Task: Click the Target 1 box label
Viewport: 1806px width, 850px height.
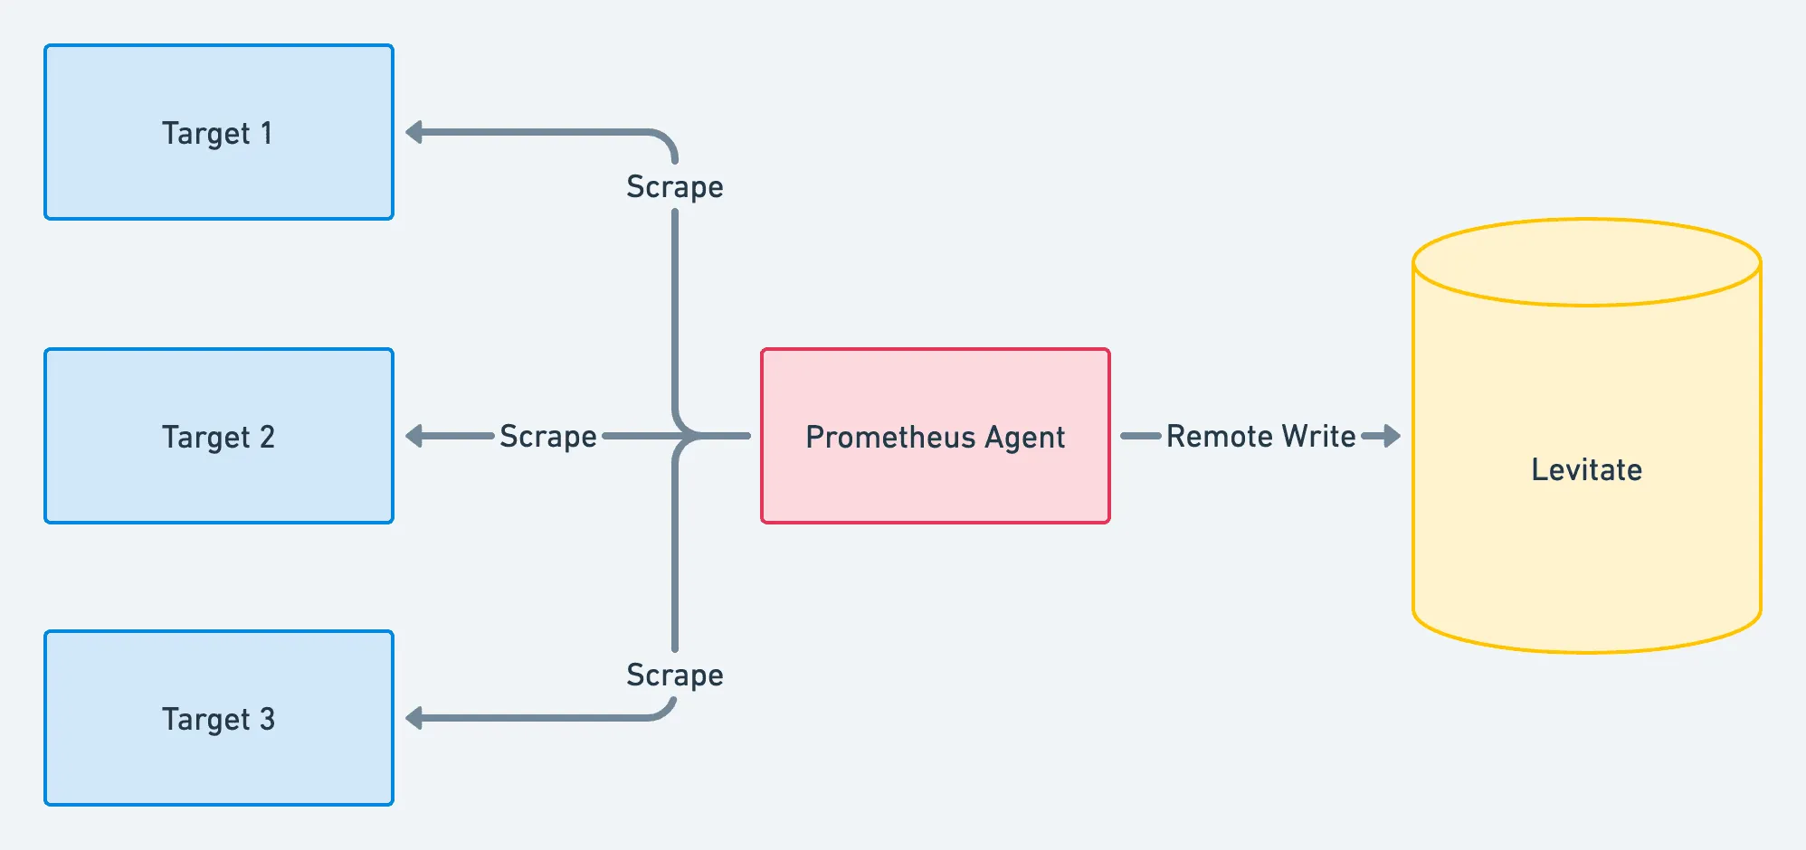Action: point(217,134)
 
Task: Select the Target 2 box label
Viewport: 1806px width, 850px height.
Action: point(218,438)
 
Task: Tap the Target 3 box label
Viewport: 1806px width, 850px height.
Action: point(218,720)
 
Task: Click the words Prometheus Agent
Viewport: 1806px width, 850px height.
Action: point(935,438)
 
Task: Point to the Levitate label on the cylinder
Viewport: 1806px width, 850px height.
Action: point(1586,470)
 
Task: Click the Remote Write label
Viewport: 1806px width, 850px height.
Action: point(1260,437)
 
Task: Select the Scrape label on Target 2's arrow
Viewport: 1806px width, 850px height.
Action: point(548,437)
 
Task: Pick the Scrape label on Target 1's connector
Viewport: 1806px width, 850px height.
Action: point(675,187)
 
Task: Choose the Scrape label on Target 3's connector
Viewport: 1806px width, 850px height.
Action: point(675,675)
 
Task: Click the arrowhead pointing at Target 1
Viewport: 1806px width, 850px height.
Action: point(414,133)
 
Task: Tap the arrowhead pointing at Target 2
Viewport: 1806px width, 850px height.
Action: point(414,437)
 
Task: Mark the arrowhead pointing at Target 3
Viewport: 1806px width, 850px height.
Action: point(414,719)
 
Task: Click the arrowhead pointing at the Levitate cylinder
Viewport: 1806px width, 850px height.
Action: point(1392,437)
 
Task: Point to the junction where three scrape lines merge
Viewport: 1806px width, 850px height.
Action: point(688,436)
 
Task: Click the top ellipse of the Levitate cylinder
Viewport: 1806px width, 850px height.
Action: point(1586,262)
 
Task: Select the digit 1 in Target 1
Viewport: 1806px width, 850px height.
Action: point(267,134)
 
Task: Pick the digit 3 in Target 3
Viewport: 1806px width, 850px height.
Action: point(267,720)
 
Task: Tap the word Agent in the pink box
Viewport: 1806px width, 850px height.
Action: point(1024,438)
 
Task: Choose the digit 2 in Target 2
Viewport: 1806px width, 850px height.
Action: point(267,438)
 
